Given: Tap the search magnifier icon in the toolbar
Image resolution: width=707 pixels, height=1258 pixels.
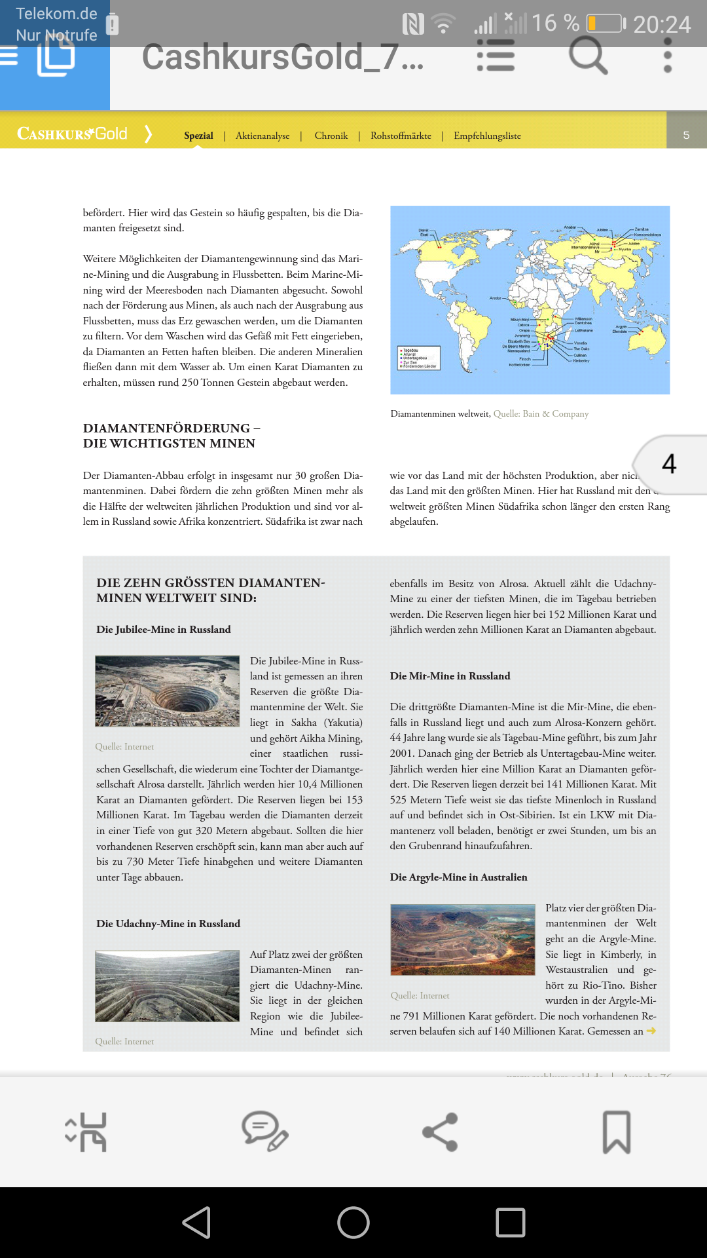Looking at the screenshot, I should (x=588, y=55).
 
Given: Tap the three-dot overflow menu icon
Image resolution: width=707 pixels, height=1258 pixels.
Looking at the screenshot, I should (x=667, y=55).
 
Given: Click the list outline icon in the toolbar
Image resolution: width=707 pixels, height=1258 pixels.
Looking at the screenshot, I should (x=496, y=55).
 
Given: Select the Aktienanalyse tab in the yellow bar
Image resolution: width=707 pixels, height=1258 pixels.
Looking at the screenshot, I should (x=263, y=136).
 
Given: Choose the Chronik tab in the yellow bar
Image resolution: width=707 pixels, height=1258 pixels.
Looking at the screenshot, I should (x=331, y=136).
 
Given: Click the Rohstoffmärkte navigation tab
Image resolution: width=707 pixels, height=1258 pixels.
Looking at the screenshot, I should (x=401, y=136).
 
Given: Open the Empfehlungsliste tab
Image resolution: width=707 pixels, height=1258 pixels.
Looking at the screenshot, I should (x=487, y=136).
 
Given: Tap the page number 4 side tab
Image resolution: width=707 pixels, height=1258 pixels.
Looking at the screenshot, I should (x=670, y=464).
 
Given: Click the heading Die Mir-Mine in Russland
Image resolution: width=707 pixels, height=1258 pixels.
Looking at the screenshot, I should (x=450, y=676).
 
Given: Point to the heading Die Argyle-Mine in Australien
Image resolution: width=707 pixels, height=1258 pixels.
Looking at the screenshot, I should (x=458, y=877).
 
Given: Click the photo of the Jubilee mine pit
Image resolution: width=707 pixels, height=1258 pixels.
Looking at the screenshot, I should (x=168, y=691).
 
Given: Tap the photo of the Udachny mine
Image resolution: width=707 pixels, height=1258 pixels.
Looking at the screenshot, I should (x=168, y=986).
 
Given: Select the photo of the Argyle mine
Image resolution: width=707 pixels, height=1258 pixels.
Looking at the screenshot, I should (x=462, y=940).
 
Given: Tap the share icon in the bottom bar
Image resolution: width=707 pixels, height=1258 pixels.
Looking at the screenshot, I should (x=440, y=1132).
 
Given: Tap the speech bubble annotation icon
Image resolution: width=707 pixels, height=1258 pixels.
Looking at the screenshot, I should (x=264, y=1132).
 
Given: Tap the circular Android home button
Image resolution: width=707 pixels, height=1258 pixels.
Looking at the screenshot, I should (x=353, y=1223).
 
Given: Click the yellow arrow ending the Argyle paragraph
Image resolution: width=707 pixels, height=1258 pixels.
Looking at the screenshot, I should (x=651, y=1031).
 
